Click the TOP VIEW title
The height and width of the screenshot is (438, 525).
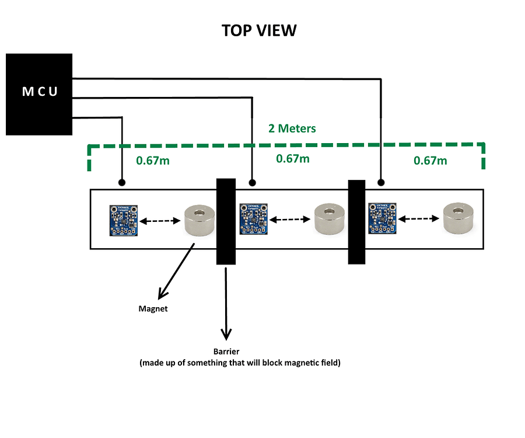pos(259,30)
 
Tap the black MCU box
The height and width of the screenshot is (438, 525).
pos(39,94)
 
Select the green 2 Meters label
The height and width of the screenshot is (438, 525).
pos(292,128)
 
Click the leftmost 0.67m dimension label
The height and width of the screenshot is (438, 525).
pos(153,160)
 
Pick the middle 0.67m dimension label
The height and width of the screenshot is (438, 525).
pos(293,158)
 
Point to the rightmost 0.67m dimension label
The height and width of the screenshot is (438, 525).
pos(430,160)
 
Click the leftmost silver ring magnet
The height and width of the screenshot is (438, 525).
pos(200,220)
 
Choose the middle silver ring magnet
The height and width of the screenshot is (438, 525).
pos(330,218)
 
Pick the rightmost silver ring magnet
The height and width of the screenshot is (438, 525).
pos(459,218)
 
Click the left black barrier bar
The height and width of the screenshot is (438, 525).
pos(225,222)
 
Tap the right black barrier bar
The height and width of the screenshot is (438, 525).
pos(356,222)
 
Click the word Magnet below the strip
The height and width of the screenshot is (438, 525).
pos(153,308)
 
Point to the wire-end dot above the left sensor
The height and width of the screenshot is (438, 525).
pos(122,182)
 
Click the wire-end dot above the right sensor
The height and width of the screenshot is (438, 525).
pos(381,182)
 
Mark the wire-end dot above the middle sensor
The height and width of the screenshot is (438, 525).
pos(252,182)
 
